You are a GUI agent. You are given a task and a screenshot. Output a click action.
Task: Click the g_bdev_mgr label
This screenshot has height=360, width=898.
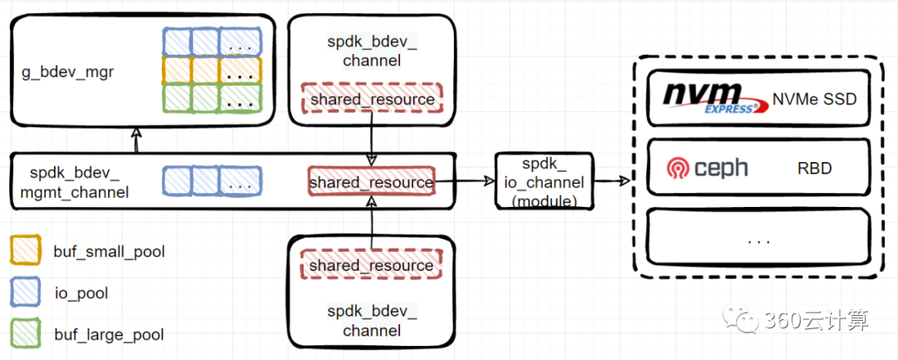tap(67, 72)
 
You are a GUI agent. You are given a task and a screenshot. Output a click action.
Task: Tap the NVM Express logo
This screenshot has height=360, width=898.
tap(714, 97)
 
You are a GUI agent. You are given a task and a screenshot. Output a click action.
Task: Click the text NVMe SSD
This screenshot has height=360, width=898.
tap(814, 99)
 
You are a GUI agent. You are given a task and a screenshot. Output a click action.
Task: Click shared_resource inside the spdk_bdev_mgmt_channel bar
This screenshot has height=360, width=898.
tap(372, 182)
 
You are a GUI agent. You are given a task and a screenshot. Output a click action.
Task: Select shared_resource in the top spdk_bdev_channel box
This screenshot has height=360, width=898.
tap(372, 100)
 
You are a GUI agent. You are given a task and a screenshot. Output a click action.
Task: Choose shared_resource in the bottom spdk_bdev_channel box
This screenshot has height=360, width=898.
tap(372, 265)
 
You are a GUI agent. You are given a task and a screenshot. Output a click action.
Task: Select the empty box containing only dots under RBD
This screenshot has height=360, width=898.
tap(757, 239)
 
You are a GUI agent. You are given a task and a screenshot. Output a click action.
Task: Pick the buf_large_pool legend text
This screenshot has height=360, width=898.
tap(108, 335)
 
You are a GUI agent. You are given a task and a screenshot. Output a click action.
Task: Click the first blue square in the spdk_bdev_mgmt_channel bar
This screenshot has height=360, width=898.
tap(175, 180)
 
